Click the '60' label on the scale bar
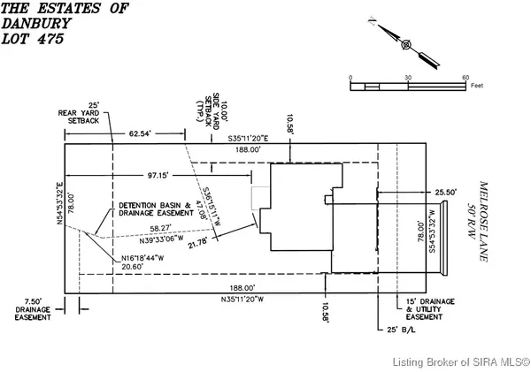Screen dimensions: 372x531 coord(466,78)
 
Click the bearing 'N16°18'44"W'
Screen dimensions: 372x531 coord(145,259)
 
